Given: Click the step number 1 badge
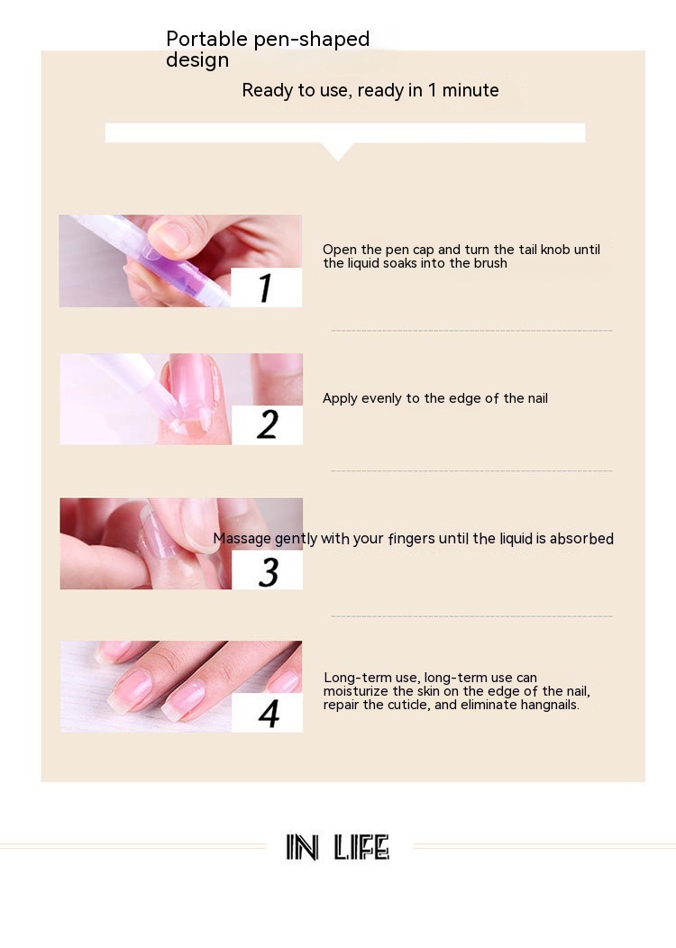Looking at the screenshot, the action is click(266, 287).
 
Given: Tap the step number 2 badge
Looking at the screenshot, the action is click(268, 424).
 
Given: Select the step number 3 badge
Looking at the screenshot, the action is click(268, 570).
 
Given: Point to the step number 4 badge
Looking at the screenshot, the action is click(268, 713).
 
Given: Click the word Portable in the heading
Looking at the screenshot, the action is click(206, 39).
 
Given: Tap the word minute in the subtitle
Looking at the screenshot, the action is click(470, 90).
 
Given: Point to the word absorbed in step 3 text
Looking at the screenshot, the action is click(581, 538).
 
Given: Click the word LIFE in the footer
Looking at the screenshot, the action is click(361, 847).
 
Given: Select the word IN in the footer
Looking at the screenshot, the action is click(302, 847).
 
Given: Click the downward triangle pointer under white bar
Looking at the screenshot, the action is click(338, 151).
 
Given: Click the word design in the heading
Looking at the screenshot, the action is click(197, 60).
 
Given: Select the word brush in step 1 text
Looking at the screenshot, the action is click(489, 263).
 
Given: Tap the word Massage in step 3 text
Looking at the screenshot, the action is click(242, 538).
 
